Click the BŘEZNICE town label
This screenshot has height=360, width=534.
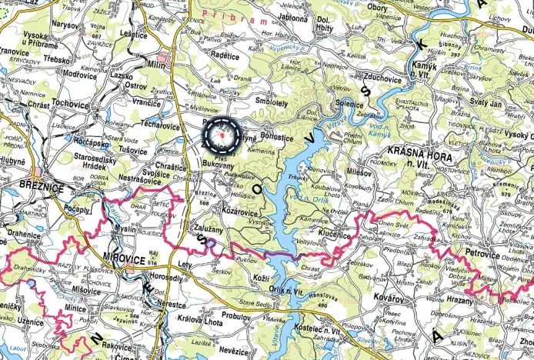tap(27, 185)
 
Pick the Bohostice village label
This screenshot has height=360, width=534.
tap(282, 134)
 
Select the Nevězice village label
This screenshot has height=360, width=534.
tap(235, 349)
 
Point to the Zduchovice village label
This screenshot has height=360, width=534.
tap(372, 78)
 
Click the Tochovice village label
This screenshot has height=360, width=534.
tap(71, 103)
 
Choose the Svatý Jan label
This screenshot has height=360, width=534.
tap(486, 102)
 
